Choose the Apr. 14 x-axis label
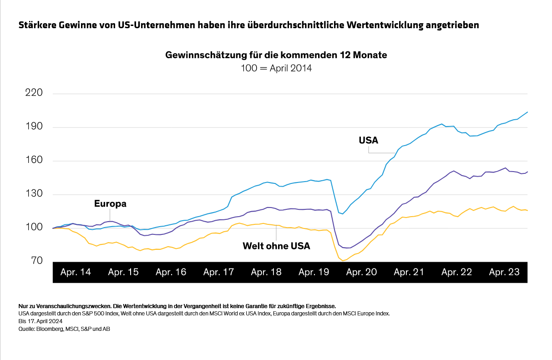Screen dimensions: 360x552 76,272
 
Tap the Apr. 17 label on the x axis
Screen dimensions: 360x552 218,272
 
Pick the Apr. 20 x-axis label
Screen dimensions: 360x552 361,272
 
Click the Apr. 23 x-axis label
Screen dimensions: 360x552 504,272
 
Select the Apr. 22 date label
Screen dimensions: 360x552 456,272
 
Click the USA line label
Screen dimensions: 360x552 369,140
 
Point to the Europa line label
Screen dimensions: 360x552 110,204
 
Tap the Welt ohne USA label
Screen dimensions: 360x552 276,246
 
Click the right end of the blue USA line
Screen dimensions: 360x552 527,112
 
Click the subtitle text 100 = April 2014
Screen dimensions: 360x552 276,68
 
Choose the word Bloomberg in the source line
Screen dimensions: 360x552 47,328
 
